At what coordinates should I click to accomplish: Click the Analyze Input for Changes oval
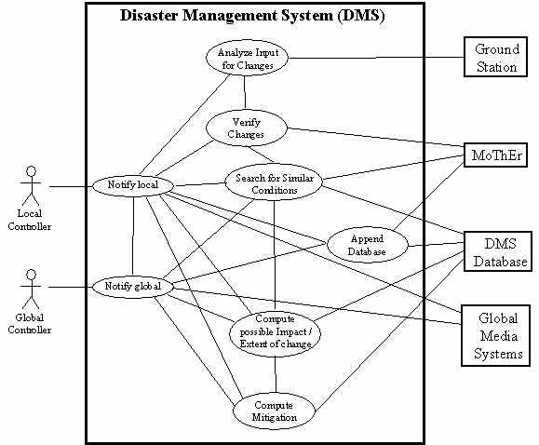[x=246, y=58]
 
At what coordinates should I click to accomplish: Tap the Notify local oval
[x=133, y=185]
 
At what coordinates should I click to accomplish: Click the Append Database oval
[x=368, y=245]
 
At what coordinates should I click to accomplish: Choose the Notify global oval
[x=134, y=287]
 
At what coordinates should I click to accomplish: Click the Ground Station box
[x=497, y=58]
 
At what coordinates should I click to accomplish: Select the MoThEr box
[x=496, y=155]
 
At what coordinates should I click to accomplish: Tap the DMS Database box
[x=497, y=251]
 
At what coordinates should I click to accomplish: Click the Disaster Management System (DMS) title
[x=252, y=17]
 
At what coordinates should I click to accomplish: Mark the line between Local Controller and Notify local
[x=71, y=186]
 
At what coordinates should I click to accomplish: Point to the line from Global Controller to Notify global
[x=71, y=287]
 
